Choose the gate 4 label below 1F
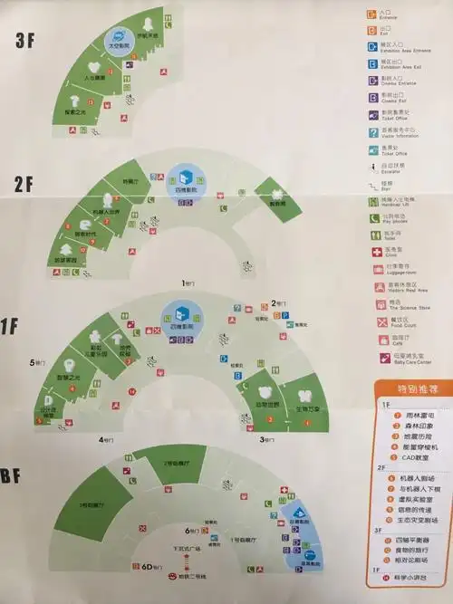click(x=107, y=439)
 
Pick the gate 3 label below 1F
click(x=268, y=439)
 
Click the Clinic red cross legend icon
click(x=374, y=250)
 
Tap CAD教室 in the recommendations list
click(x=410, y=458)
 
